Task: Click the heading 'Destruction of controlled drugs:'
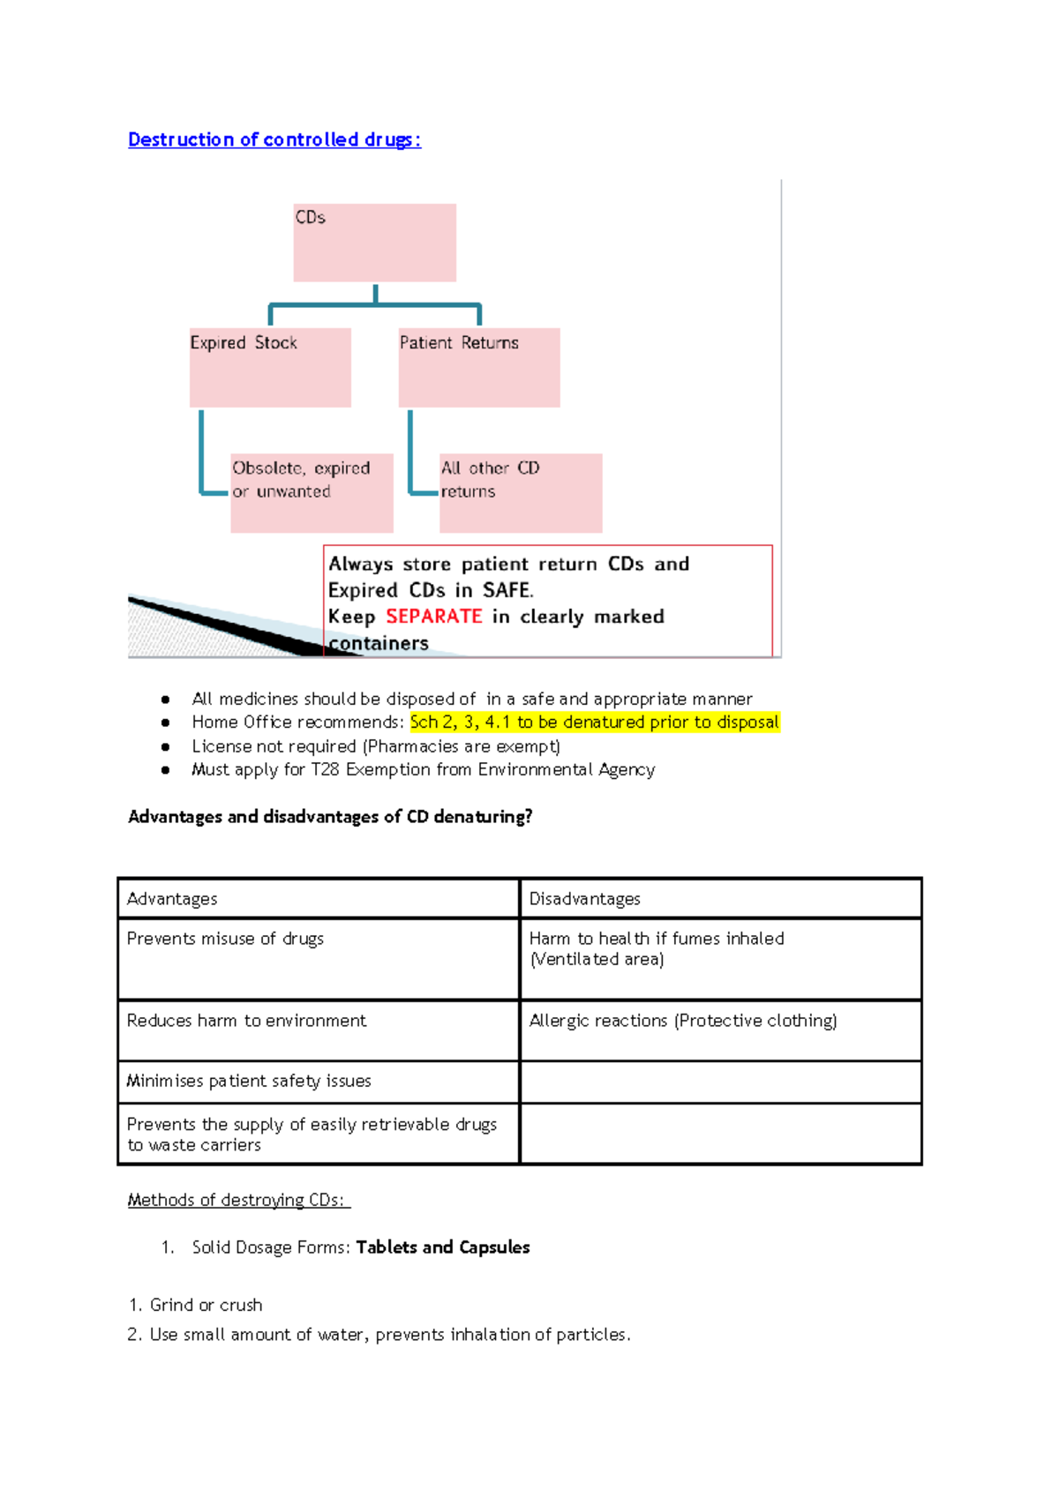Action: pos(274,139)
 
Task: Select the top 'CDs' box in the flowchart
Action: pos(374,243)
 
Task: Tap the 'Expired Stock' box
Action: pos(270,367)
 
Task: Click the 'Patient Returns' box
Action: pos(479,367)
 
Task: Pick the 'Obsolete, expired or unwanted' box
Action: pos(312,492)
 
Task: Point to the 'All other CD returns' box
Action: pos(521,492)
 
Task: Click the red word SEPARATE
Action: pos(434,617)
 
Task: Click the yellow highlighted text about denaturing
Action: pos(594,723)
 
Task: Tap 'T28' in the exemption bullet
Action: pos(325,770)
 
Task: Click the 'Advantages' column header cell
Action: pos(318,899)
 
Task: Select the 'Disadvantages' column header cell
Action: pos(720,899)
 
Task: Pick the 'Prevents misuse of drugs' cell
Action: pos(318,958)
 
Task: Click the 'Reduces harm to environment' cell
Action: pos(318,1030)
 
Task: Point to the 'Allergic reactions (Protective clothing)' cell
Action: pos(720,1030)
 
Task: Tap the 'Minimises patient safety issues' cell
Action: pos(318,1082)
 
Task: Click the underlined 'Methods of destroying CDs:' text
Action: pos(238,1200)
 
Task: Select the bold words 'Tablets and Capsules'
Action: pos(443,1247)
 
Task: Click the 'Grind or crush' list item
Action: pos(206,1305)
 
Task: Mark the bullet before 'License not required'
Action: pos(165,746)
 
